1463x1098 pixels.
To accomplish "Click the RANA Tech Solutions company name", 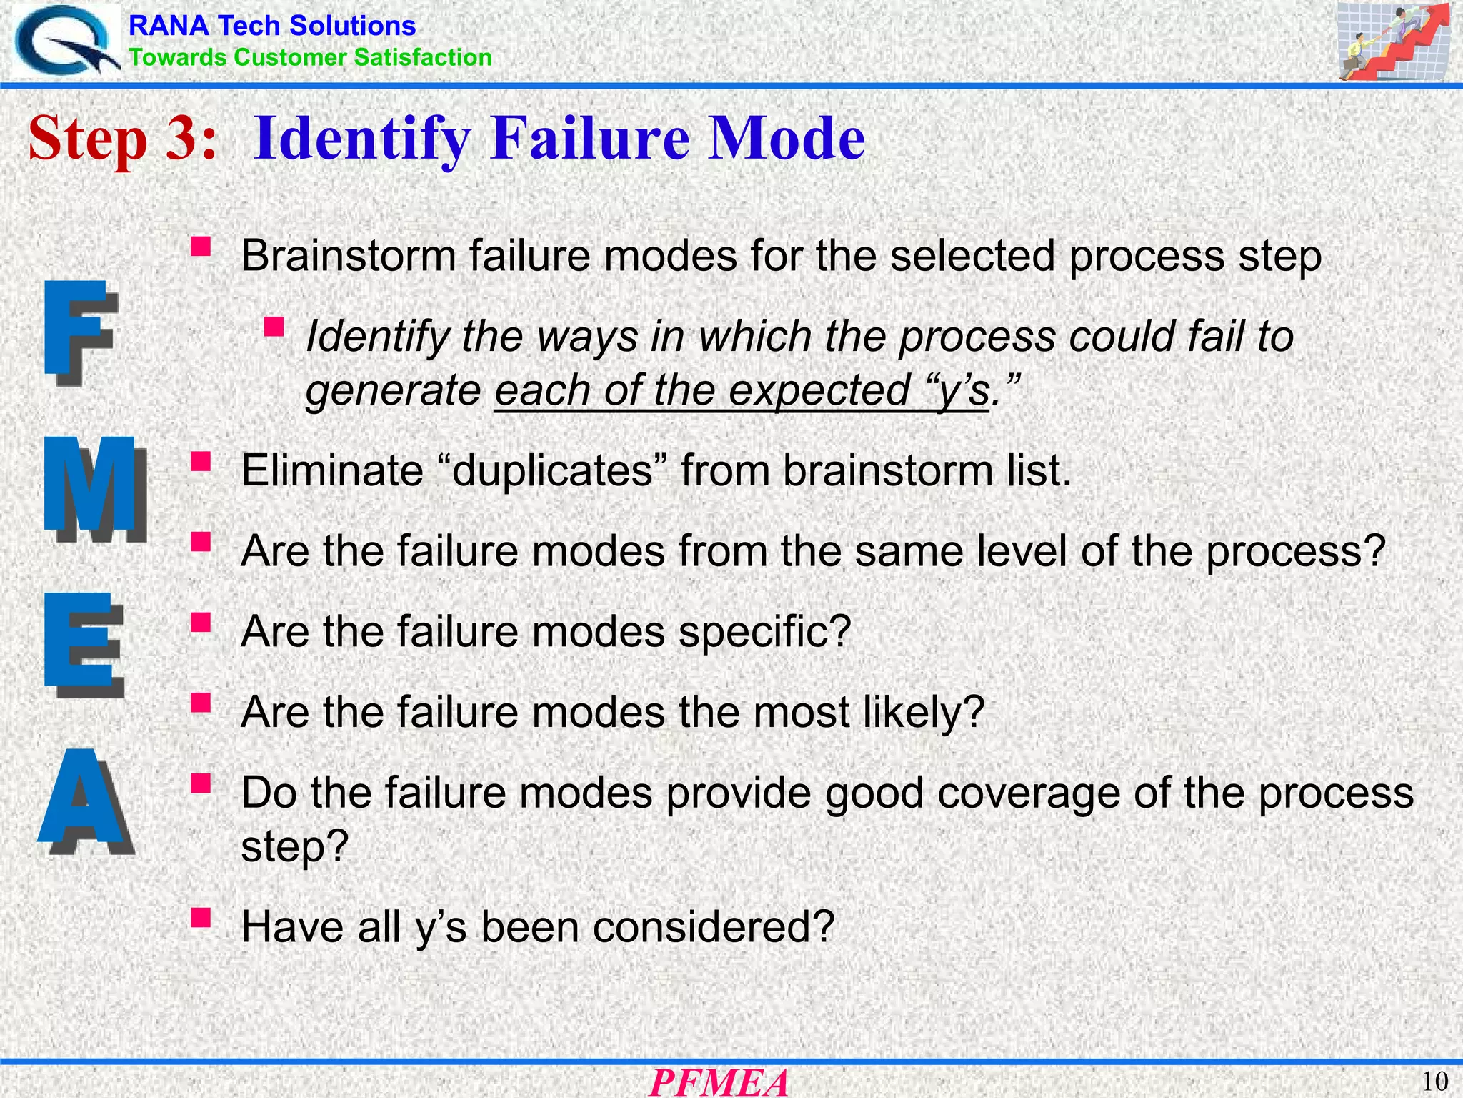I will point(271,26).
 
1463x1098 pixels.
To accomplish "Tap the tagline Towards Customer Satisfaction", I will point(310,57).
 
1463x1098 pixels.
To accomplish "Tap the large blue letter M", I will point(94,490).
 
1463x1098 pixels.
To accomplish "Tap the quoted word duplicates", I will point(554,470).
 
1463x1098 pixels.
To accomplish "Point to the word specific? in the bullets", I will point(764,632).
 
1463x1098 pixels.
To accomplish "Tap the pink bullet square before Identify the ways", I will point(274,327).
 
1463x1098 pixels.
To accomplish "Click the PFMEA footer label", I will point(719,1082).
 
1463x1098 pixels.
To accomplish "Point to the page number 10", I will point(1434,1082).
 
